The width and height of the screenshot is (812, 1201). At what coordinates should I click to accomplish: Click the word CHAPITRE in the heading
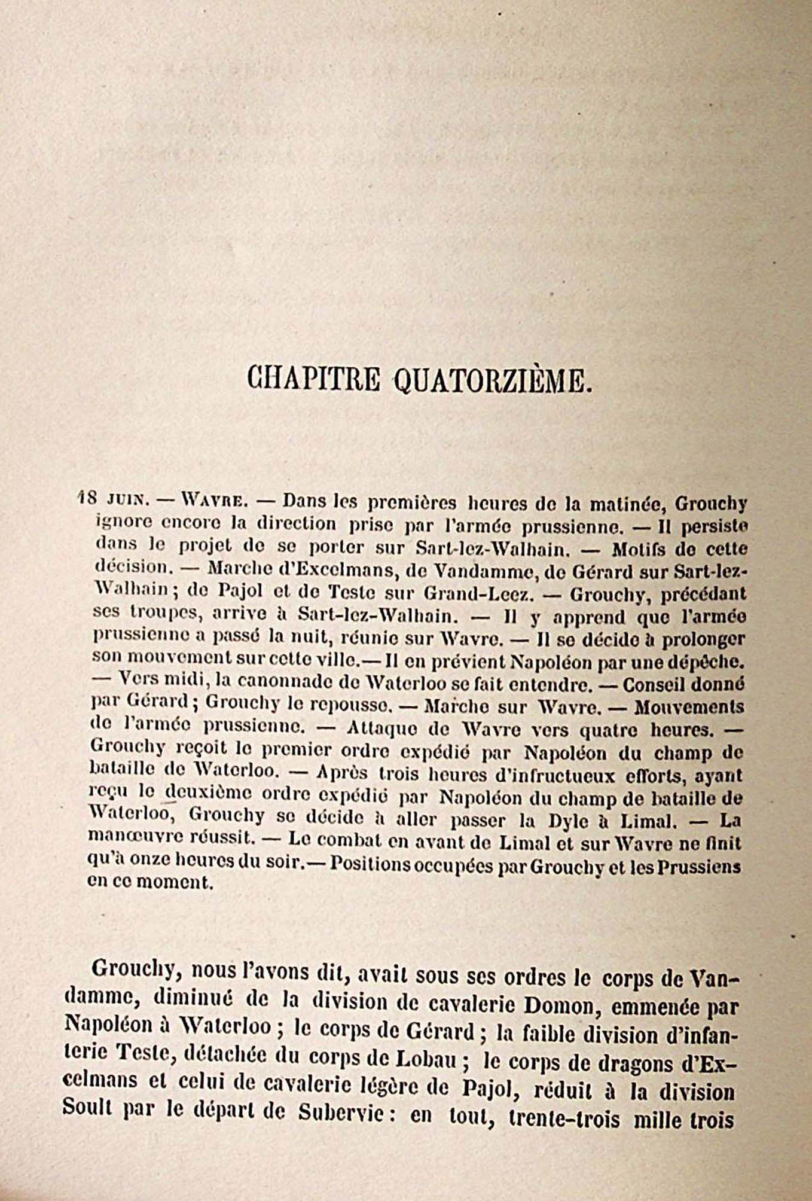[x=313, y=380]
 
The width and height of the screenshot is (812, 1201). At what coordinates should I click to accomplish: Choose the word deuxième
[x=203, y=796]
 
